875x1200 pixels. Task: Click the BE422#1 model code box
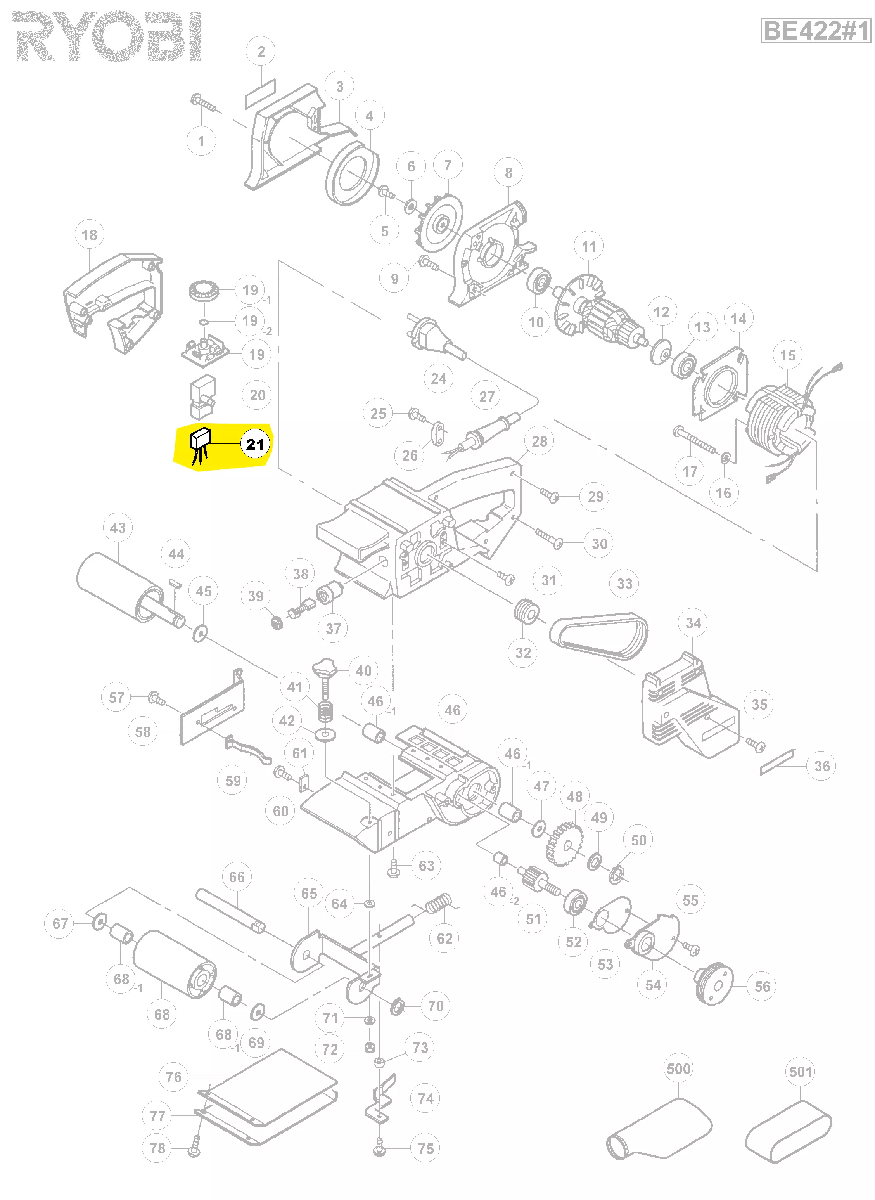click(816, 30)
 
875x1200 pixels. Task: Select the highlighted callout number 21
click(255, 444)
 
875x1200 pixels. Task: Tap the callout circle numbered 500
click(678, 1068)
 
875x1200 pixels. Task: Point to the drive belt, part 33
click(598, 636)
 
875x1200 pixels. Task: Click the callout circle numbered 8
click(508, 173)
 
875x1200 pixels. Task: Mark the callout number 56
click(762, 987)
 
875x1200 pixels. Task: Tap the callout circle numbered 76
click(174, 1077)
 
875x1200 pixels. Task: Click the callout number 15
click(788, 355)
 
